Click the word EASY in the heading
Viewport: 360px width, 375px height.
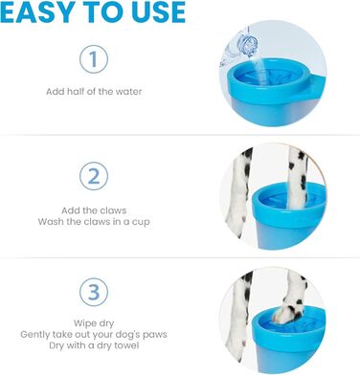tap(37, 12)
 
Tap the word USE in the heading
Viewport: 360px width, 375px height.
tap(159, 12)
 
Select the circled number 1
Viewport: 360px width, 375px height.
tap(94, 59)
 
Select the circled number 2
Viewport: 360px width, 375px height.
tap(94, 176)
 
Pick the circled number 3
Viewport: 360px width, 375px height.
tap(94, 293)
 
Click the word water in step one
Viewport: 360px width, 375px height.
tap(128, 92)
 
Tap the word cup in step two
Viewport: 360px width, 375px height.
tap(141, 222)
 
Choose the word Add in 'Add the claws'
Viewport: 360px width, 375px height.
tap(70, 210)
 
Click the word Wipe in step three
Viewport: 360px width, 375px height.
tap(83, 323)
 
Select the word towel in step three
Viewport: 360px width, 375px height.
tap(127, 345)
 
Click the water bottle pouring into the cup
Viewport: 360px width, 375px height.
tap(238, 47)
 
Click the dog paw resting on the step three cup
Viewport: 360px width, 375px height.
tap(287, 313)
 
